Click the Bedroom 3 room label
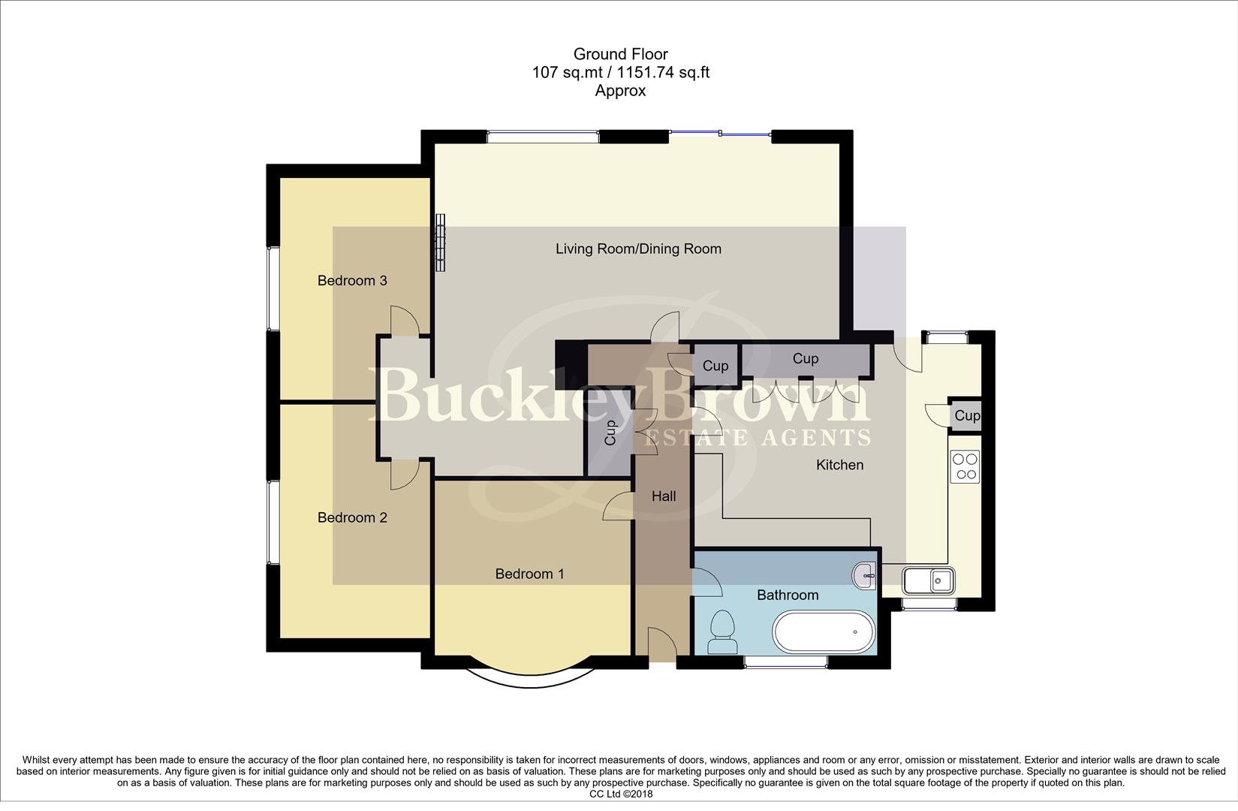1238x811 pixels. [x=352, y=281]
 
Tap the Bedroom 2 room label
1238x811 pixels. [x=352, y=517]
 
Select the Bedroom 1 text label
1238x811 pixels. [x=529, y=574]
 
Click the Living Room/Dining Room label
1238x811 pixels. [x=638, y=249]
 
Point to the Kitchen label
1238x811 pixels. [x=839, y=465]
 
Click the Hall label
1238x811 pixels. [x=663, y=496]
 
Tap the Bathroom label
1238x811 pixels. [x=787, y=595]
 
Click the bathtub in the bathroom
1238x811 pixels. [x=824, y=632]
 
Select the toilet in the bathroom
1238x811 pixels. [x=722, y=632]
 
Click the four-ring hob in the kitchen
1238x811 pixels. [x=965, y=466]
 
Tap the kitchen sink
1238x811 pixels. [x=929, y=580]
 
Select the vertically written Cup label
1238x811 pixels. [x=610, y=433]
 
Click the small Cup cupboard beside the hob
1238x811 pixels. [x=966, y=415]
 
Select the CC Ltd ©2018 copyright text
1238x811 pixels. [x=621, y=794]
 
